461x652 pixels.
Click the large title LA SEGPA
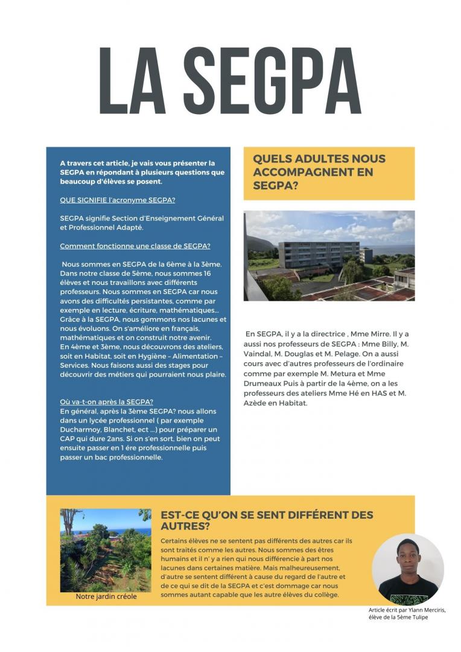[x=230, y=82]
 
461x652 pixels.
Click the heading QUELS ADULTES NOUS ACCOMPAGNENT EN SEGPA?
[x=319, y=173]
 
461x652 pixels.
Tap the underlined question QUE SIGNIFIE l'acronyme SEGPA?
[x=122, y=200]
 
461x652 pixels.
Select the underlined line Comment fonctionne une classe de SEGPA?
[x=135, y=246]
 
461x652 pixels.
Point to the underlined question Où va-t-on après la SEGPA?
[x=106, y=402]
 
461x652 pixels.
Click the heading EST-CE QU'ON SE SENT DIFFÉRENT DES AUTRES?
[x=267, y=520]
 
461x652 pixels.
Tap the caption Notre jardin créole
[x=106, y=596]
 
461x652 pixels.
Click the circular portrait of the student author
[x=407, y=569]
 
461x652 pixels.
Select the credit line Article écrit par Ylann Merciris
[x=407, y=610]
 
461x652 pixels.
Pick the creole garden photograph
[x=106, y=550]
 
